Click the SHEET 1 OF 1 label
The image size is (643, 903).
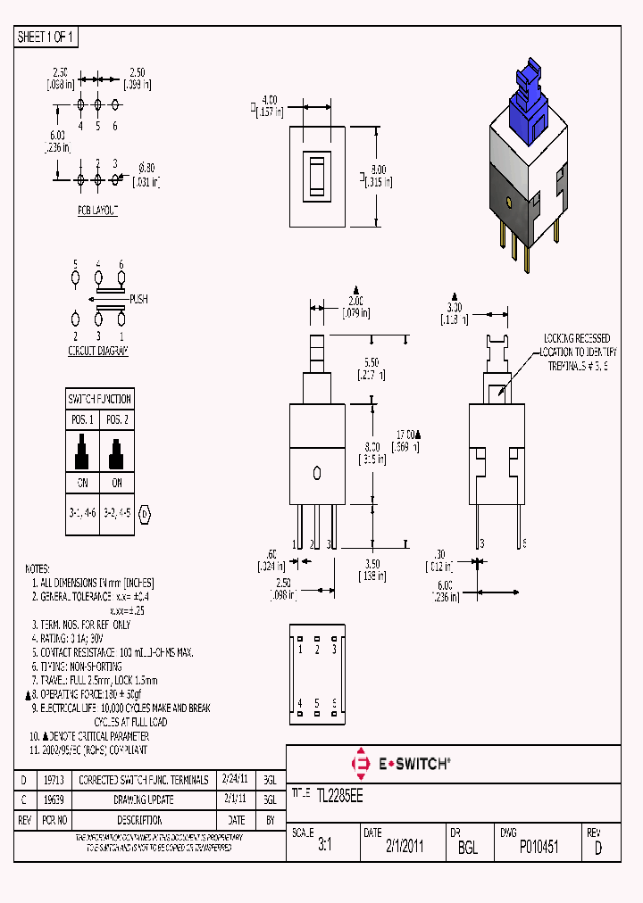coord(46,37)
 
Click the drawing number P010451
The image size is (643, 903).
coord(539,848)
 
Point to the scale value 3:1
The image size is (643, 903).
coord(324,848)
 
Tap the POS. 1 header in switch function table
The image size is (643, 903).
coord(82,419)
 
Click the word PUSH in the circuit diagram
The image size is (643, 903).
coord(138,299)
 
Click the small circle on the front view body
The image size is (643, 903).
coord(317,471)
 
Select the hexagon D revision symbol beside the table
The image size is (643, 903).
coord(146,513)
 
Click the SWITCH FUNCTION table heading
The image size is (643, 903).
coord(99,399)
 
